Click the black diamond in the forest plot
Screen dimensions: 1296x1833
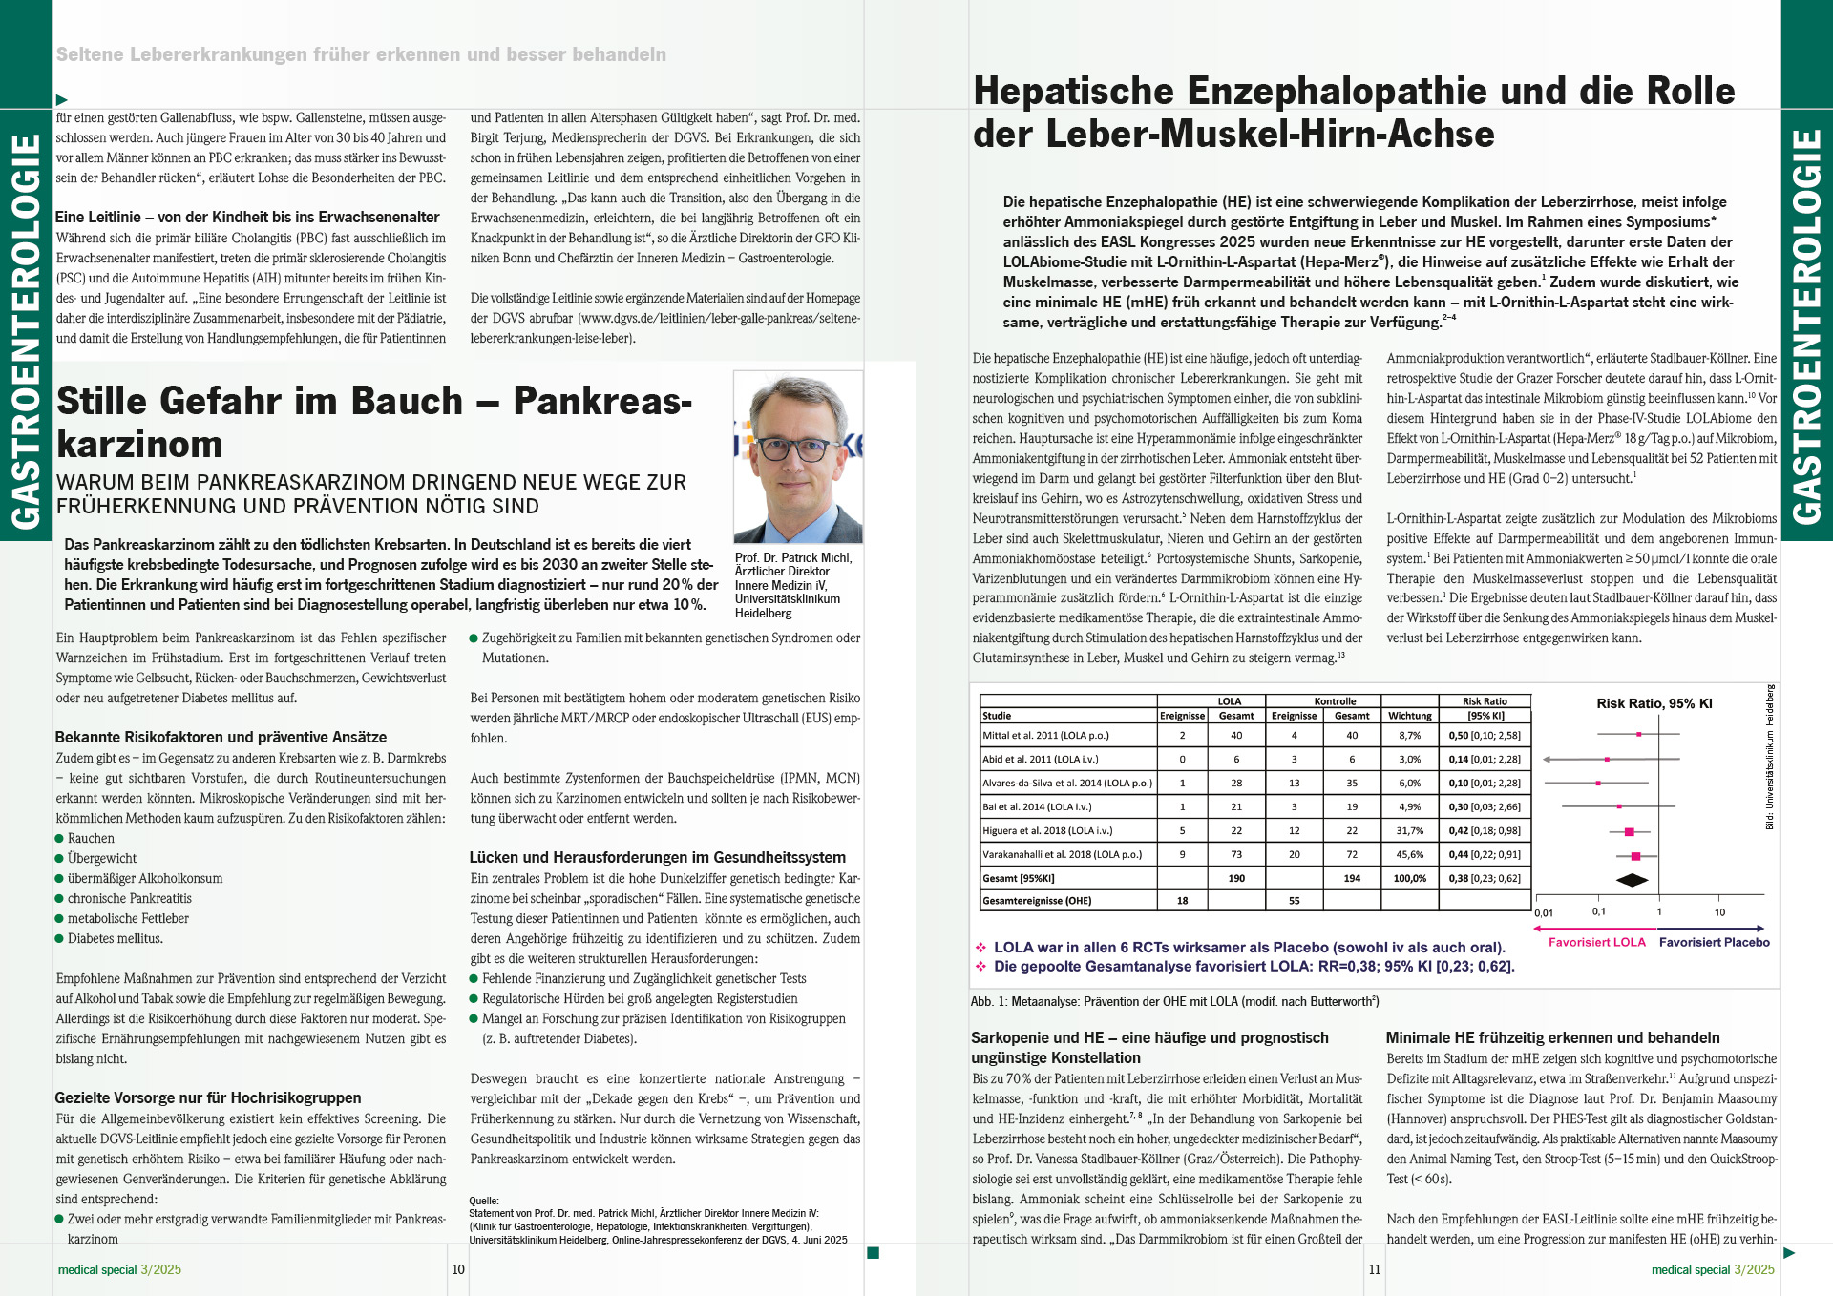(x=1632, y=880)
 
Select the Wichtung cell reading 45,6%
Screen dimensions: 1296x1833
(x=1409, y=855)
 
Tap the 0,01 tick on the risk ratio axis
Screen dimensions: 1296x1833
(x=1544, y=913)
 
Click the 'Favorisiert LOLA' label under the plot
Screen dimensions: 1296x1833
(x=1596, y=942)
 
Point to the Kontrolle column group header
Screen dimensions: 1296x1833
(x=1335, y=701)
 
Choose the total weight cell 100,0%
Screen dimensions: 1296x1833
(x=1409, y=879)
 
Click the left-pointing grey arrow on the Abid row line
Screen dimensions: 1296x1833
(x=1548, y=760)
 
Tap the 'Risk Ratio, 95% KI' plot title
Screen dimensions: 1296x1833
(x=1654, y=703)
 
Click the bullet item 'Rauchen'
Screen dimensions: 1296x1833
(x=91, y=839)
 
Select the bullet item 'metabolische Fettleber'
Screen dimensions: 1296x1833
(x=128, y=919)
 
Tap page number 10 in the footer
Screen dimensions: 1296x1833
(x=458, y=1269)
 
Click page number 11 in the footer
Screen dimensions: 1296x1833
(x=1375, y=1269)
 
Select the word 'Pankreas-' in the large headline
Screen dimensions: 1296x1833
(x=601, y=402)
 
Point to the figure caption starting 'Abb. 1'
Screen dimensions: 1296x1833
(x=1174, y=1002)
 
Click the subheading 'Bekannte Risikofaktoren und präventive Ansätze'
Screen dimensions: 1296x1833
(x=221, y=738)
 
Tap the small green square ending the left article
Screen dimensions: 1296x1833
(x=873, y=1253)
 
